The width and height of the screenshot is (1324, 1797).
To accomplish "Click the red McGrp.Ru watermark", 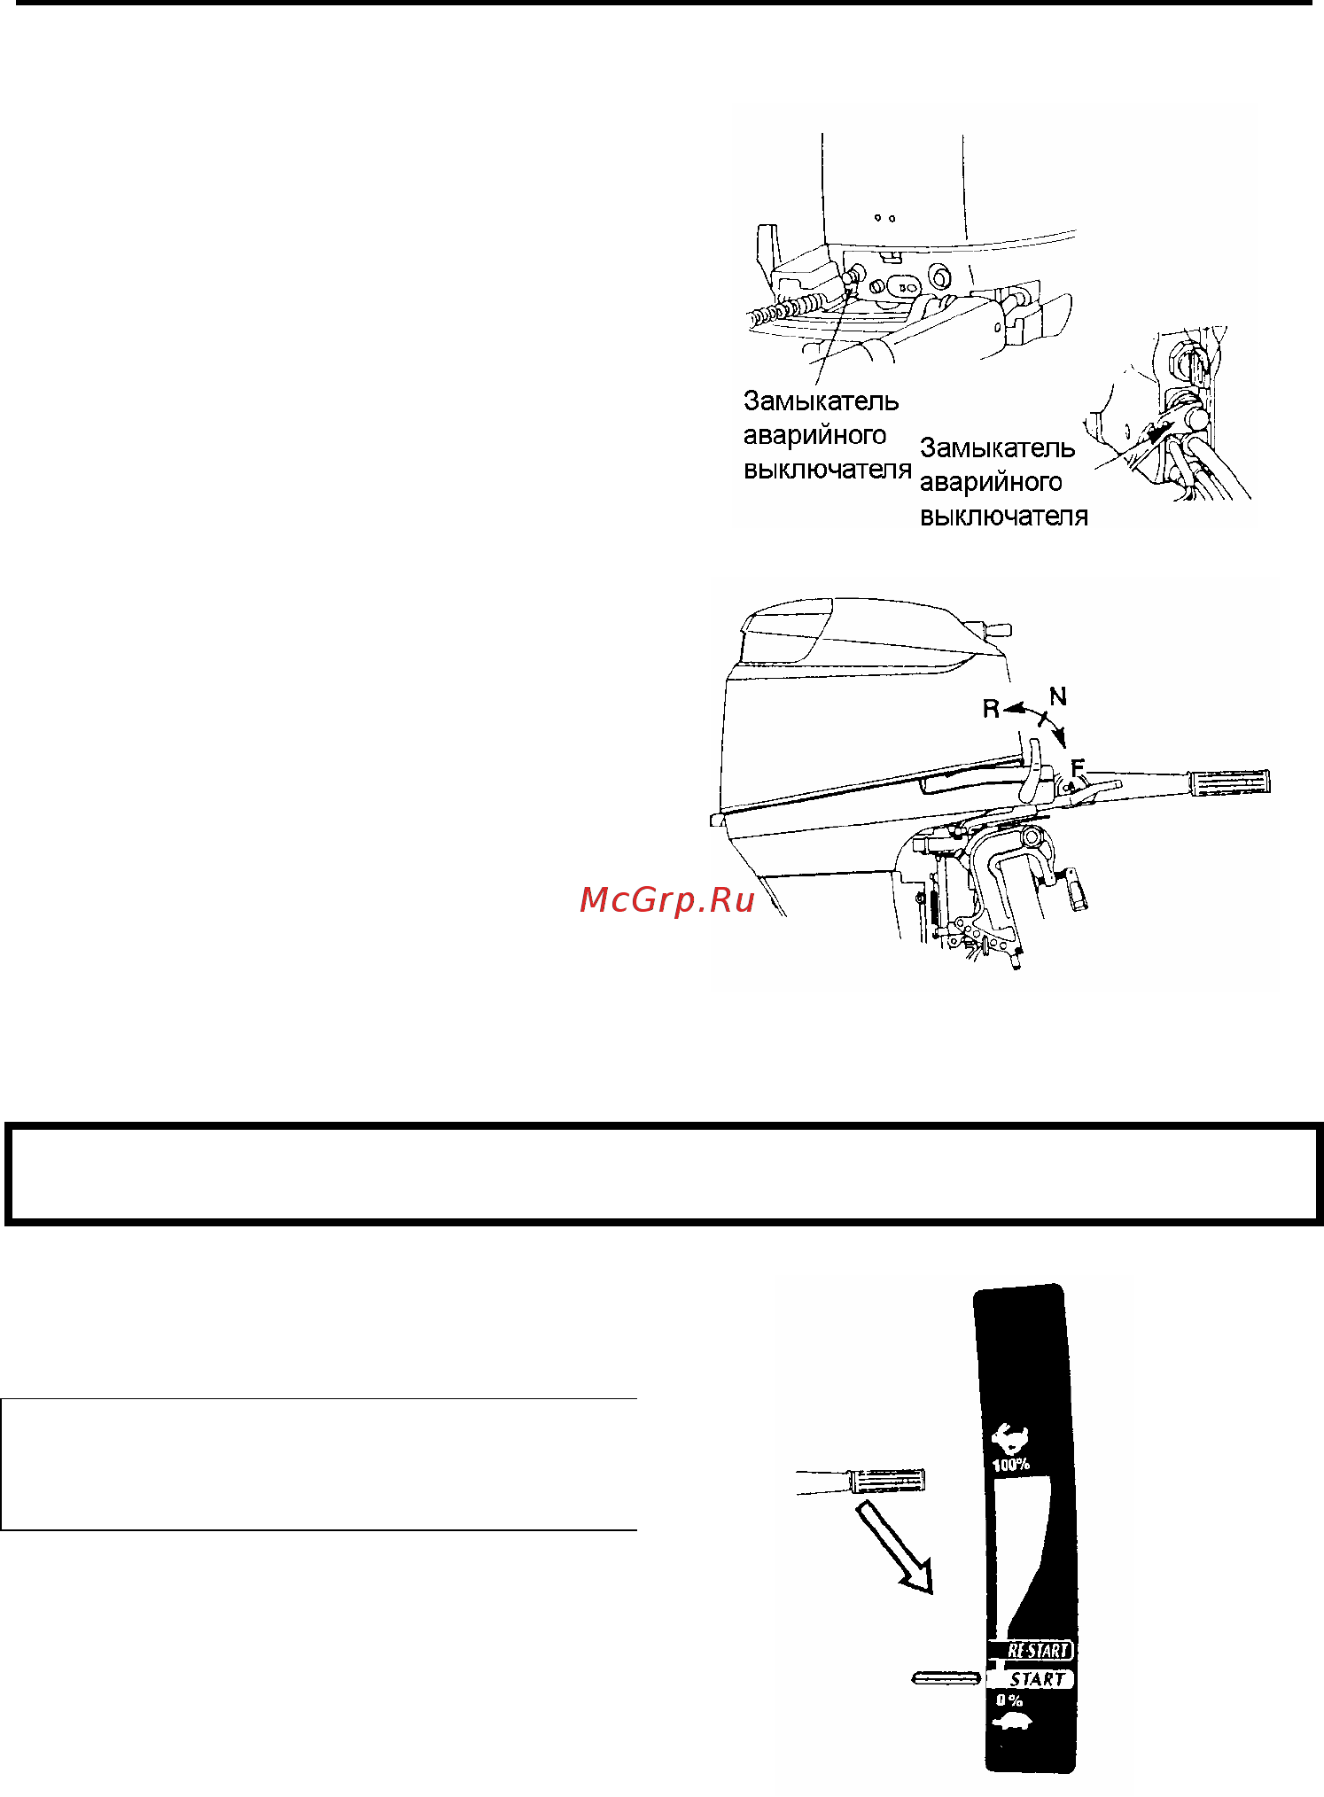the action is (x=666, y=899).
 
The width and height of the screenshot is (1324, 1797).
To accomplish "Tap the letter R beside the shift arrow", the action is (x=991, y=709).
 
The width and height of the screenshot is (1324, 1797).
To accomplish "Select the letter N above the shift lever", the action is (x=1057, y=697).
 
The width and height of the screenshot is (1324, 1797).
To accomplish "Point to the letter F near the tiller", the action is (x=1078, y=767).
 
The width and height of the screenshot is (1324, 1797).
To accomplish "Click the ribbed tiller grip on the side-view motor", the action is (x=1230, y=782).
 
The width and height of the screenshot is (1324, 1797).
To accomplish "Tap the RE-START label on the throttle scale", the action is (x=1039, y=1651).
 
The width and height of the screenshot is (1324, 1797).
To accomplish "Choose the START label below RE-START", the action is (x=1037, y=1678).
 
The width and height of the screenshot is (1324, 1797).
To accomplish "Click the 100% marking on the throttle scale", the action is (x=1010, y=1465).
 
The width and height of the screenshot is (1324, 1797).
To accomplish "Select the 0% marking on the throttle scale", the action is (x=1009, y=1700).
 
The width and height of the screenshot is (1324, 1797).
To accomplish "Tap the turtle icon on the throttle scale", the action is (x=1012, y=1723).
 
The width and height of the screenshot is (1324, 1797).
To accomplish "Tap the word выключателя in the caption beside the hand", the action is (x=1003, y=516).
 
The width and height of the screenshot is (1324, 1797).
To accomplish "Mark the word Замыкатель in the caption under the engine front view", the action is (x=821, y=401).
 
